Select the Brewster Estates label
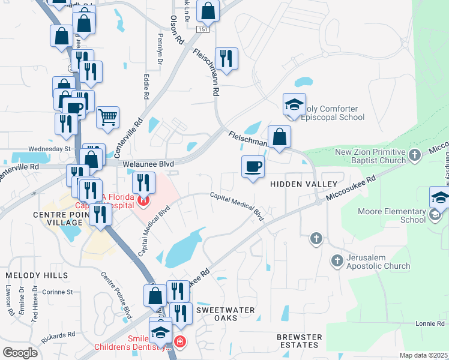click(299, 341)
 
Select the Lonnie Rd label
click(429, 324)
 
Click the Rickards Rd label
click(62, 334)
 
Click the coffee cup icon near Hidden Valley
click(253, 166)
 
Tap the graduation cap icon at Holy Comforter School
click(294, 104)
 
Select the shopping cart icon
click(107, 117)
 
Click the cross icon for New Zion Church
click(414, 156)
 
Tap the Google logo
click(20, 353)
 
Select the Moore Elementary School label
click(400, 215)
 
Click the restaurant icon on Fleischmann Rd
click(226, 58)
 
